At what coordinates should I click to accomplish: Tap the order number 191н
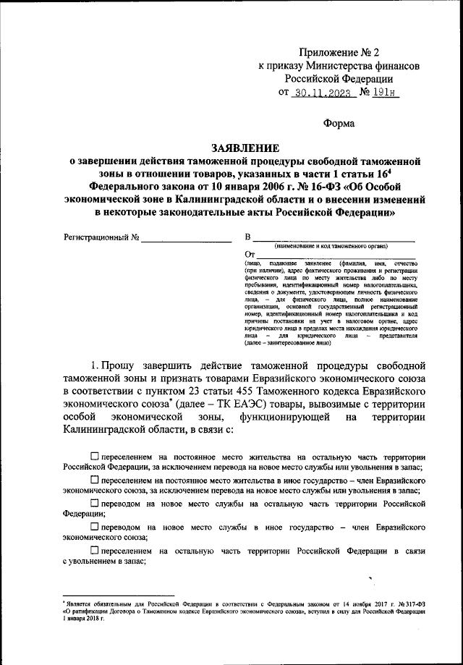386,93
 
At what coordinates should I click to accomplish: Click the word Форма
339,123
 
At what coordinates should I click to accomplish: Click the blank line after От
337,255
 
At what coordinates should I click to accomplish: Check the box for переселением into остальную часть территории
96,456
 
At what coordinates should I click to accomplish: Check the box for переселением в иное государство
96,479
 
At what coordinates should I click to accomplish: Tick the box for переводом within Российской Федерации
96,502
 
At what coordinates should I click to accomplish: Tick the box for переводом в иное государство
96,526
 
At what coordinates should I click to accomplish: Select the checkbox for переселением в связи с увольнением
96,550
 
